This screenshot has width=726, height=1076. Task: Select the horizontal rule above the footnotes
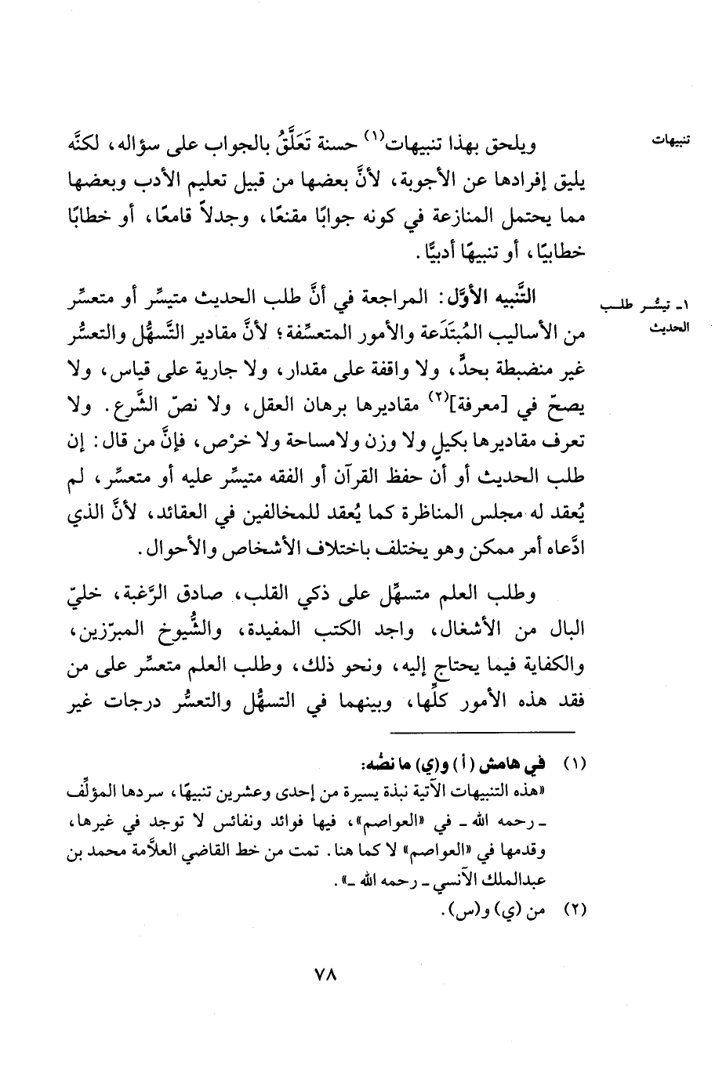click(x=481, y=732)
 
